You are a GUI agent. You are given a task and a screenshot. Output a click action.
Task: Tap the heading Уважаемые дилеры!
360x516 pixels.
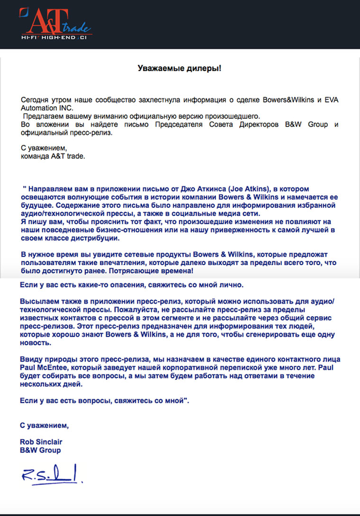[x=180, y=68]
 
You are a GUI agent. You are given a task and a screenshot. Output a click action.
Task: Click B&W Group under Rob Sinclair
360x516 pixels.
[x=40, y=450]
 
